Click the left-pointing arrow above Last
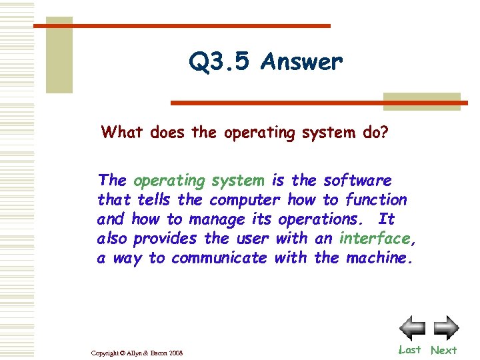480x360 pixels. [x=412, y=328]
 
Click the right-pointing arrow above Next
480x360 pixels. [x=446, y=328]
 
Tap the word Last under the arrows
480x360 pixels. [x=409, y=349]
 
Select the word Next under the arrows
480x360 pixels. [x=443, y=350]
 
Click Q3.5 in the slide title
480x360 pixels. [x=219, y=62]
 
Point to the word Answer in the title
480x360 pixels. [x=302, y=62]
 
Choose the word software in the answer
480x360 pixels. [x=357, y=180]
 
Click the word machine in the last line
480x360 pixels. [x=378, y=257]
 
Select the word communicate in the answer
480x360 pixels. [x=219, y=257]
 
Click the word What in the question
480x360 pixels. [x=123, y=132]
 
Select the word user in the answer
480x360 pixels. [x=252, y=238]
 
